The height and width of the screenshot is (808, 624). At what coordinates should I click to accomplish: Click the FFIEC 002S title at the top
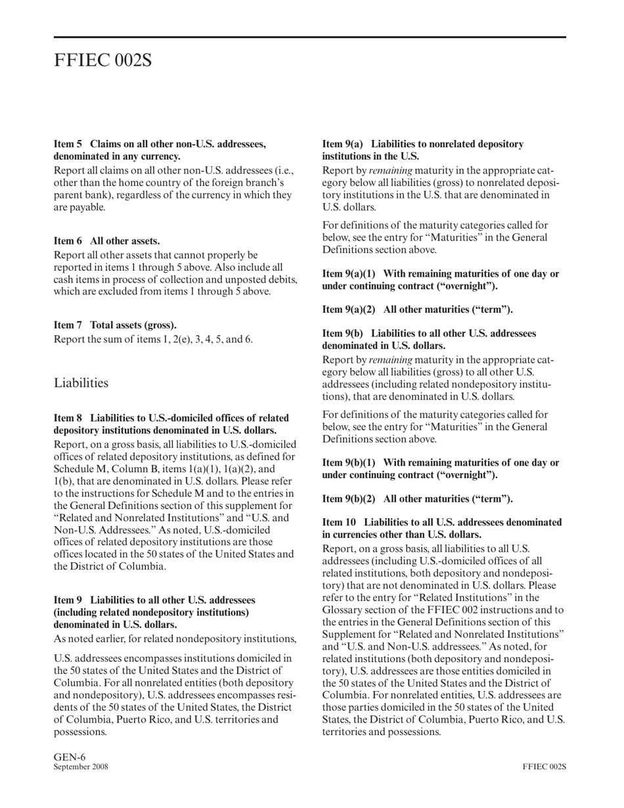[102, 60]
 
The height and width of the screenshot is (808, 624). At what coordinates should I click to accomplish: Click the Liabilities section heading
[81, 382]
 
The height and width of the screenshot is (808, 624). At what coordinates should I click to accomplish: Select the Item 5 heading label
[68, 144]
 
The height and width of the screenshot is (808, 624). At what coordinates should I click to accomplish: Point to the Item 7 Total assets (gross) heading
[115, 325]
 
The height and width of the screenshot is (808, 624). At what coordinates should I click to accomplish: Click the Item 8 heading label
[68, 418]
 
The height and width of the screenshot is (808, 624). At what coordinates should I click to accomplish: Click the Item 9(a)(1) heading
[440, 280]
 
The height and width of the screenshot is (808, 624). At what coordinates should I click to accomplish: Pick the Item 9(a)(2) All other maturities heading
[417, 309]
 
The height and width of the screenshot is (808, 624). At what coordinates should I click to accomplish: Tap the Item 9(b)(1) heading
[440, 468]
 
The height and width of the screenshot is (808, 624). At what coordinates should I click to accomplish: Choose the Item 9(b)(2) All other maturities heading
[417, 499]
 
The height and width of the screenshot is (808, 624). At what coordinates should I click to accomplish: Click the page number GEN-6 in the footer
[70, 757]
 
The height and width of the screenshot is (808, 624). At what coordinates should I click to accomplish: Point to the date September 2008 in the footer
[81, 767]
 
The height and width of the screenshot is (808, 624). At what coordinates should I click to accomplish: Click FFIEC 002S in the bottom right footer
[545, 767]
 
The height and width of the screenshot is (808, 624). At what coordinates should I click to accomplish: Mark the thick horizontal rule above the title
[309, 37]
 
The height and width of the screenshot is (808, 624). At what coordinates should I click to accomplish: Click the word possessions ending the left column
[79, 732]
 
